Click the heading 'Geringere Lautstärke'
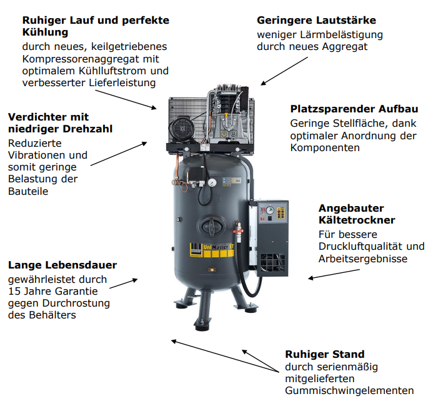[316, 21]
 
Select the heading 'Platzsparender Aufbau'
[354, 109]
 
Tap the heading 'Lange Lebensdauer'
[62, 265]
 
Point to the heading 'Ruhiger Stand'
[325, 355]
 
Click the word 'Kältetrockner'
[357, 220]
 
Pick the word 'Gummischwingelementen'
[349, 391]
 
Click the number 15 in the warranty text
[14, 291]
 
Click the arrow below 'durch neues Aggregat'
[284, 71]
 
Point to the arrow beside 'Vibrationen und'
[119, 154]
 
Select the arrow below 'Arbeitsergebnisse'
[334, 274]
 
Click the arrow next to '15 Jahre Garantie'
[123, 283]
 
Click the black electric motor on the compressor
[182, 130]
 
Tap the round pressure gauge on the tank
[212, 182]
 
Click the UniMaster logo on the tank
[212, 250]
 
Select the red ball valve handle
[237, 232]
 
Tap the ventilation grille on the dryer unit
[272, 263]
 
